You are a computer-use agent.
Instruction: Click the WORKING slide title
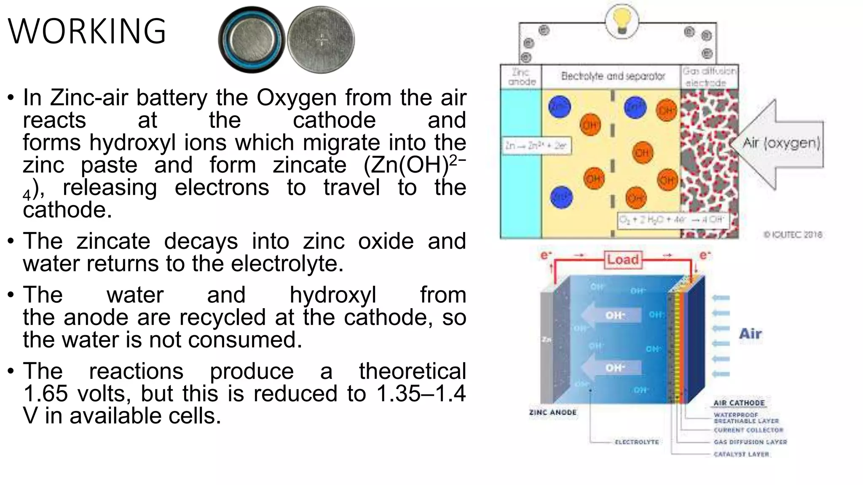click(87, 31)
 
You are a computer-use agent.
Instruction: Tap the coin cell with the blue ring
click(252, 40)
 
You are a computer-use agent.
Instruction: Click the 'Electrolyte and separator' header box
click(613, 76)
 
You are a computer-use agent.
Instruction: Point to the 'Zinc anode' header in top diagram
click(522, 77)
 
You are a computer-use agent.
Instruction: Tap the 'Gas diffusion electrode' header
click(710, 77)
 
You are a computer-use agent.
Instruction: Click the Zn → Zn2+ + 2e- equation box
click(536, 146)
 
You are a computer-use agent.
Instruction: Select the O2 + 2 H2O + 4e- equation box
click(673, 219)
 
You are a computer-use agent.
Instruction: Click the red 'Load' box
click(623, 259)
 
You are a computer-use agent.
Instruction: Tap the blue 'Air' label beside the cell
click(750, 334)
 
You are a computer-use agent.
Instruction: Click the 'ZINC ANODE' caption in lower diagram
click(552, 413)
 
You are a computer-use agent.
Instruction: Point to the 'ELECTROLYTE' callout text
click(637, 442)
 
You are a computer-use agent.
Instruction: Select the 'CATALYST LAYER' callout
click(741, 454)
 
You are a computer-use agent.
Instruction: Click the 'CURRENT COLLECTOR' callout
click(748, 430)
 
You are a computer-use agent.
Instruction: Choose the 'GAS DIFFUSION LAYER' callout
click(750, 442)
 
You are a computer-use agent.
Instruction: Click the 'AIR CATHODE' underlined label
click(739, 403)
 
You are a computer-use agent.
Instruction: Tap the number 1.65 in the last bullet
click(46, 394)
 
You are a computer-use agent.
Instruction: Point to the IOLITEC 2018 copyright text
click(793, 235)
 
